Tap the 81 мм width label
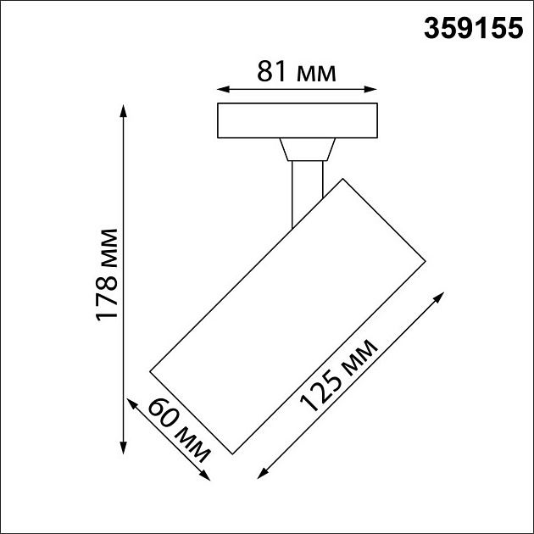297,72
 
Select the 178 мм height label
108,275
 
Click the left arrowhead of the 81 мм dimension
221,88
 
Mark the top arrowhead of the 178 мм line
125,108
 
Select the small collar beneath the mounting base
306,150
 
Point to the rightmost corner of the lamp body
424,259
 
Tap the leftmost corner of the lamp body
149,371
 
